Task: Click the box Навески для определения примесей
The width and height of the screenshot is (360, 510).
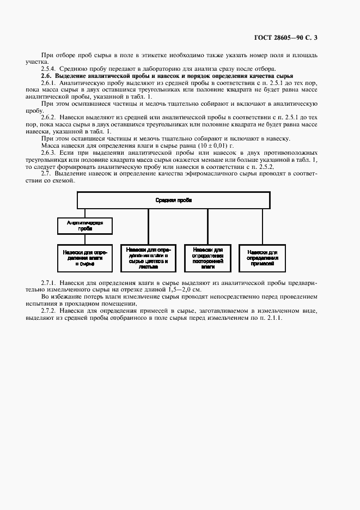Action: tap(262, 257)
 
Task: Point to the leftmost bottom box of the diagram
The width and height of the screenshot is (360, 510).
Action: tap(85, 257)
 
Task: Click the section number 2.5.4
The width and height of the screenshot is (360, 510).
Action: tap(49, 69)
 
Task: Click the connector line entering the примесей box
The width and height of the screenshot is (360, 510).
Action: tap(263, 227)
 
